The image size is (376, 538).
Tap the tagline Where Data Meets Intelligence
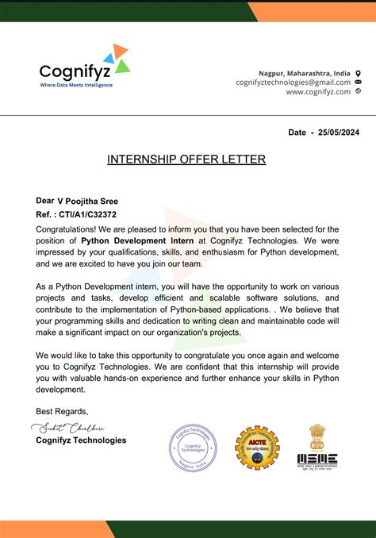(76, 85)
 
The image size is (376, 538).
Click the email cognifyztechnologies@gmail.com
(293, 83)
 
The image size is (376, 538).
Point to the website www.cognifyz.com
(318, 91)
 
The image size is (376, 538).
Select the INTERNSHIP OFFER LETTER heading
(186, 159)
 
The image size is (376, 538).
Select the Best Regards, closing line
(62, 410)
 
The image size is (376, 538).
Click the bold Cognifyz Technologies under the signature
(81, 440)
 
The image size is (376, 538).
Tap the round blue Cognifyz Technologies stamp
(193, 448)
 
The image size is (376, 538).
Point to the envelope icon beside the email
(359, 83)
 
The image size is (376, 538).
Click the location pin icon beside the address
(359, 73)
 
